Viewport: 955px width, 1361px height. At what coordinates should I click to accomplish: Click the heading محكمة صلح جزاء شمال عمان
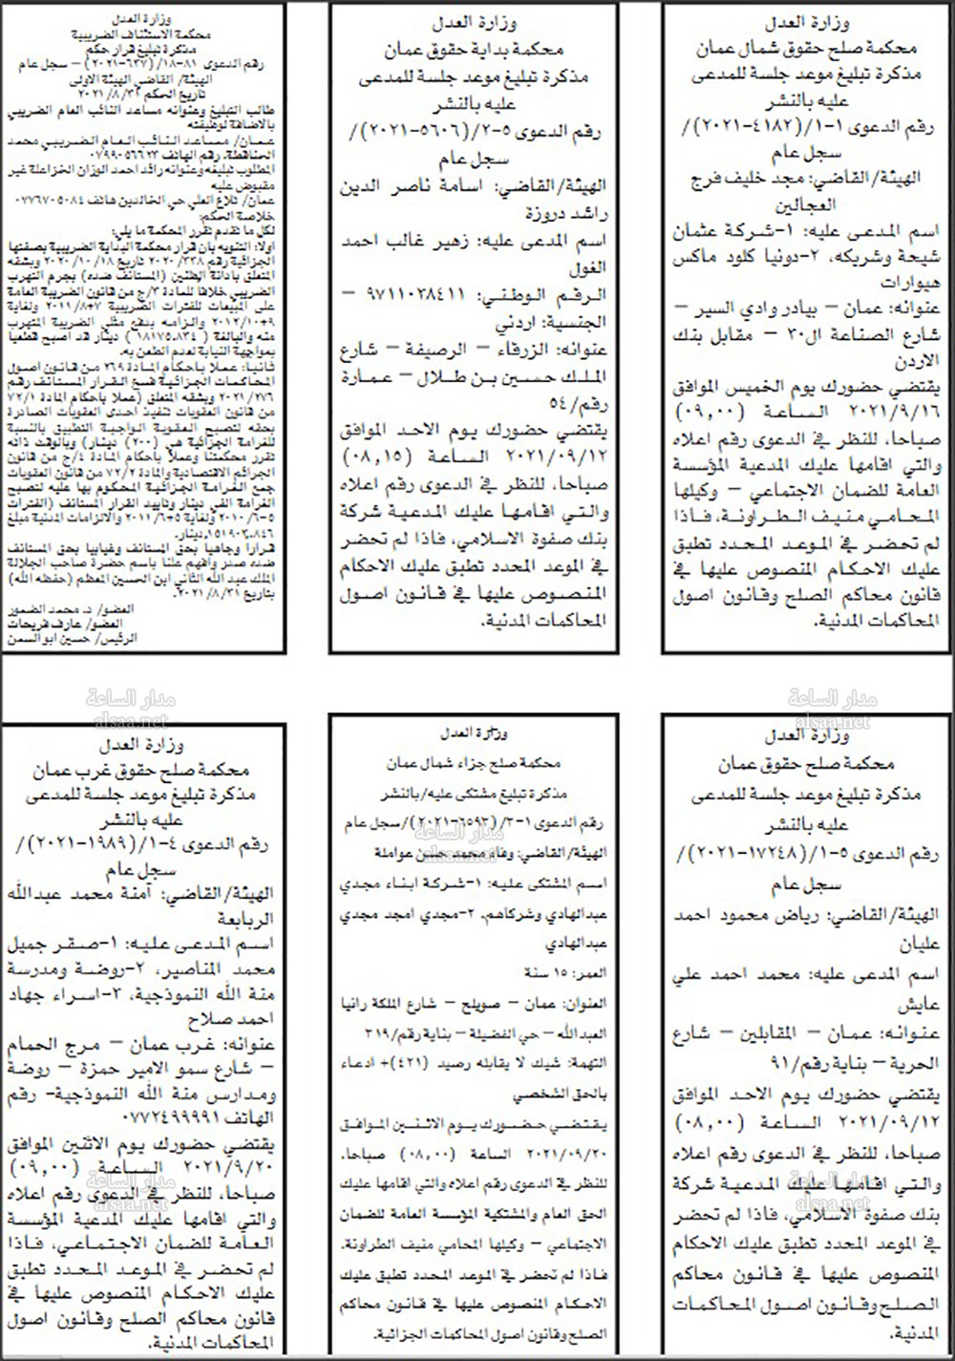[475, 764]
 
